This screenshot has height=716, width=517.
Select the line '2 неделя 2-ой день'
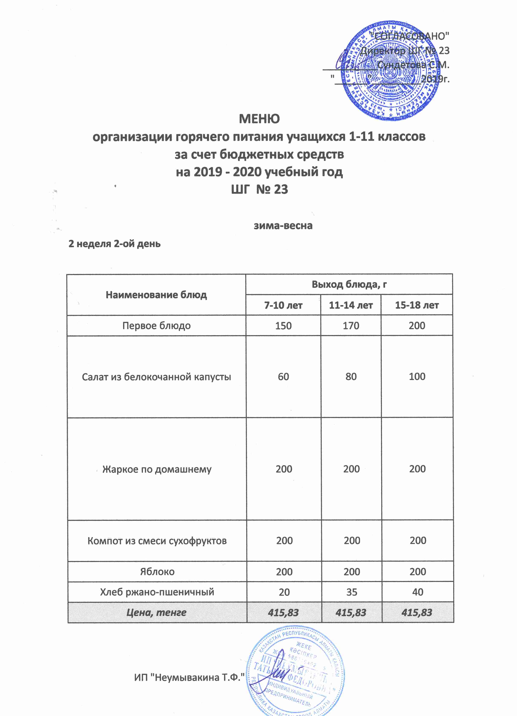tap(114, 244)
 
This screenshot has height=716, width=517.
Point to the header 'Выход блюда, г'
tap(349, 284)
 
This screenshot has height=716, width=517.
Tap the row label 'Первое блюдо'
tap(156, 326)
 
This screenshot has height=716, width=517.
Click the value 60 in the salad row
tap(283, 377)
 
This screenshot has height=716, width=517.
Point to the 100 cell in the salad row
tap(417, 377)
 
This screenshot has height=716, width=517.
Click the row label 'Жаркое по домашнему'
tap(157, 469)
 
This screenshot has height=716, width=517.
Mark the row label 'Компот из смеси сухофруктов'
tap(157, 541)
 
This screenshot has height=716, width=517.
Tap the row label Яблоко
tap(157, 572)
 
